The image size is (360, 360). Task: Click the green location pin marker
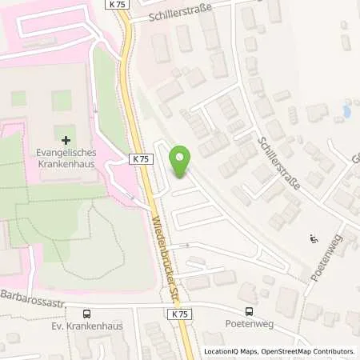click(182, 162)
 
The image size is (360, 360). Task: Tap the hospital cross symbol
click(66, 140)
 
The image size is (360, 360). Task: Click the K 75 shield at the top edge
click(117, 4)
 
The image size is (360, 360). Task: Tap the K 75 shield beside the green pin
click(141, 159)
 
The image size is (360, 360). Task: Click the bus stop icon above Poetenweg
click(250, 312)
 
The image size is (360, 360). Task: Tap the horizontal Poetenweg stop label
click(250, 326)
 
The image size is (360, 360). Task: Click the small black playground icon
click(313, 238)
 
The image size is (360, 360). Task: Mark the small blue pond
click(346, 110)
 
